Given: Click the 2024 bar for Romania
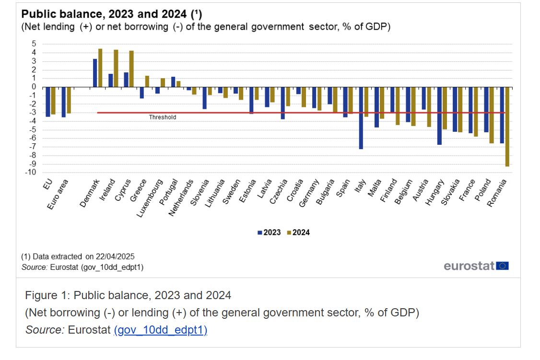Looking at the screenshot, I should click(507, 127).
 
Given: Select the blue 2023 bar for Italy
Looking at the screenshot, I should click(361, 118).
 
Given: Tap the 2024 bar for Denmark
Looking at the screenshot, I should click(100, 68).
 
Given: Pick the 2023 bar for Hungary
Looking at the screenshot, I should click(439, 116).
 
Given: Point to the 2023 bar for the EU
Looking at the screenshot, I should click(48, 102).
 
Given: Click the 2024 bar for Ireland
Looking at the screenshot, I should click(116, 69).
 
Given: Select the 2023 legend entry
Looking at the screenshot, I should click(269, 232).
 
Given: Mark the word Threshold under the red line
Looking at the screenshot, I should click(163, 117).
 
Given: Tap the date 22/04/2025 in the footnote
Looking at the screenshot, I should click(115, 256).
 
